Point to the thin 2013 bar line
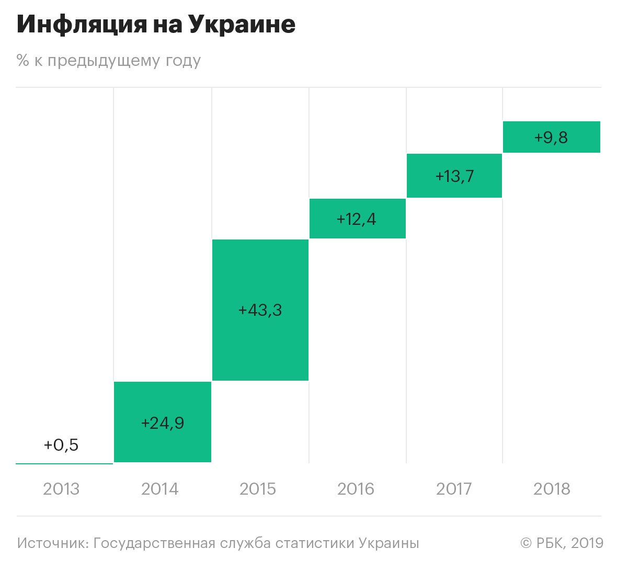coord(64,463)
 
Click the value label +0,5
coord(61,445)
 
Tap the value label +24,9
coord(163,422)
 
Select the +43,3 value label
coord(260,310)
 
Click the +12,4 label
coord(357,219)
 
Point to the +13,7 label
coord(454,176)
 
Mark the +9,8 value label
coord(551,138)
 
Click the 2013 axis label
coord(61,489)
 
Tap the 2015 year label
coord(258,489)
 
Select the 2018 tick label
coord(552,489)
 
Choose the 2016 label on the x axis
coord(356,489)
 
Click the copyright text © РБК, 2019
coord(562,543)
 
